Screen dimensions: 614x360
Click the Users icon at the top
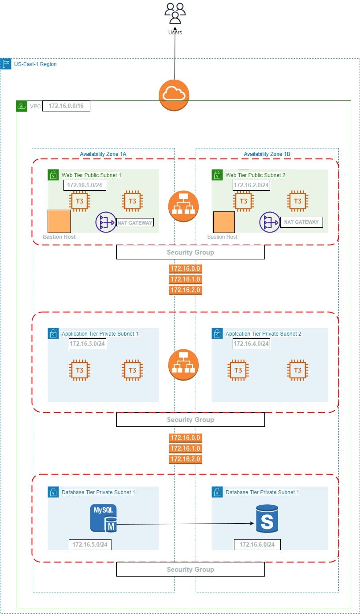coord(175,14)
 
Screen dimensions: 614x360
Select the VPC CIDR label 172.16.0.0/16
coord(66,106)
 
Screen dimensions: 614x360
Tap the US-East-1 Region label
coord(35,64)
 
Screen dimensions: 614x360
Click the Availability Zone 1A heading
coord(103,154)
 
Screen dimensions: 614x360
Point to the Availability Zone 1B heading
coord(267,154)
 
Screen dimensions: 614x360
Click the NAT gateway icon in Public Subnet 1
coord(106,222)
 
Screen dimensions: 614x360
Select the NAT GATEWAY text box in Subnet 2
coord(301,222)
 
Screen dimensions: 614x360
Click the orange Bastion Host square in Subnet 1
coord(59,221)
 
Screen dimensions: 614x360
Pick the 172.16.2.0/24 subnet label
coord(251,185)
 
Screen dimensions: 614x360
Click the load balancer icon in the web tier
coord(183,206)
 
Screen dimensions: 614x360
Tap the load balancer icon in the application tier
coord(183,365)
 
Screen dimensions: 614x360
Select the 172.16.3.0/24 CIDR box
coord(87,344)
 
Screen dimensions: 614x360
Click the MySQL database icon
coord(104,518)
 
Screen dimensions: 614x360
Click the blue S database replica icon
coord(267,518)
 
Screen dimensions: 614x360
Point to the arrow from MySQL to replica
coord(185,524)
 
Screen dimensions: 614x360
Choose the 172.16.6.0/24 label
coord(257,545)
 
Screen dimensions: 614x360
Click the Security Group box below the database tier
coord(190,570)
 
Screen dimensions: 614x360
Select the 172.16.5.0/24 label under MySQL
coord(90,545)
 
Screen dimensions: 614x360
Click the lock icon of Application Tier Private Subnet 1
coord(53,333)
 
